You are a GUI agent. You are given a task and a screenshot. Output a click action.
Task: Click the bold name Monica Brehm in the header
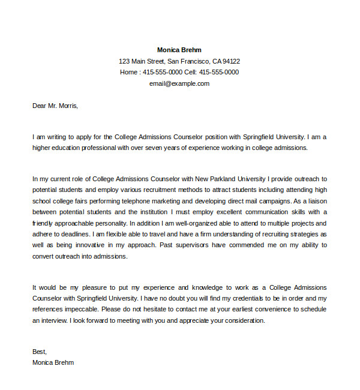tap(179, 50)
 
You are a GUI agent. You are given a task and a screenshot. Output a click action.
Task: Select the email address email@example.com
tap(179, 83)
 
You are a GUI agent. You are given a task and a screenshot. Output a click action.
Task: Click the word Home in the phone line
tap(128, 72)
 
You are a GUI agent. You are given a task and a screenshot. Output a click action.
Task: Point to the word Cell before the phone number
tap(190, 72)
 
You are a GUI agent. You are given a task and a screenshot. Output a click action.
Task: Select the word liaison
tap(315, 201)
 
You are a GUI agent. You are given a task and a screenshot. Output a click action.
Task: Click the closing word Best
tap(39, 352)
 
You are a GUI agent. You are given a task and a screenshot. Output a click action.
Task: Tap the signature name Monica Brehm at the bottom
tap(53, 363)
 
